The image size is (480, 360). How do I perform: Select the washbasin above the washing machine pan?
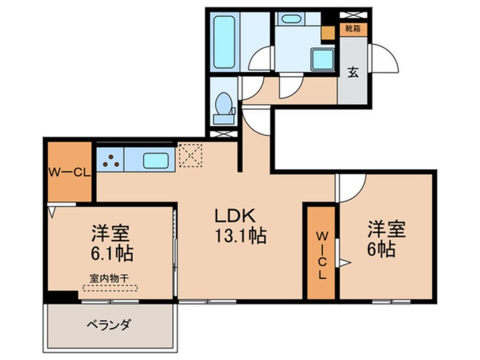(291, 19)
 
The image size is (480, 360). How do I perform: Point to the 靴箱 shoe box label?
(353, 27)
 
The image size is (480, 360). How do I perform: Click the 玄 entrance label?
(353, 72)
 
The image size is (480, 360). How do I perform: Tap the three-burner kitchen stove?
(110, 161)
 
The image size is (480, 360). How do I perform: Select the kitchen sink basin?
(156, 161)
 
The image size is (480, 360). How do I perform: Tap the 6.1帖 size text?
(111, 253)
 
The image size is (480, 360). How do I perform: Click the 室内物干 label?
(110, 278)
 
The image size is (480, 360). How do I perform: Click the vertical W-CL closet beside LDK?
(321, 253)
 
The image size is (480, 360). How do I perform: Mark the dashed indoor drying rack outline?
(110, 287)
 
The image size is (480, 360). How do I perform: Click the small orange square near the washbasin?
(328, 32)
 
